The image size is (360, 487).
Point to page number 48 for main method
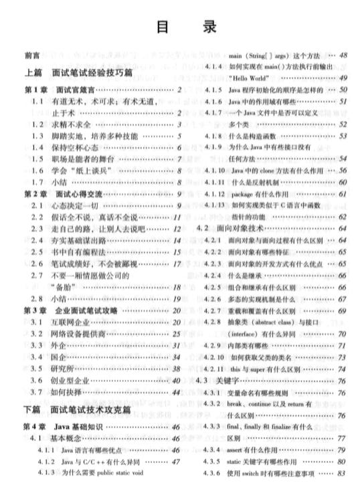pyautogui.click(x=343, y=56)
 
